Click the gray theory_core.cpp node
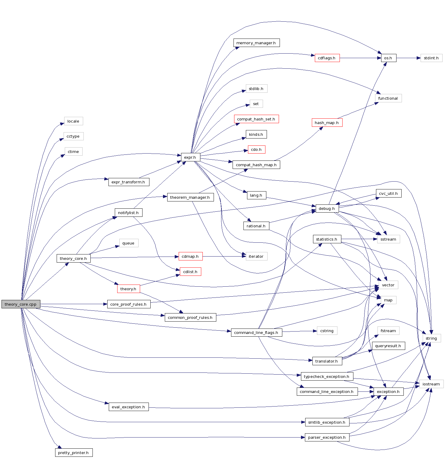[x=20, y=304]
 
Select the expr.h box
[x=190, y=157]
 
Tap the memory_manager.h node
[x=256, y=43]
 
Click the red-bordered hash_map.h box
[x=327, y=123]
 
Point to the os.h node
[x=388, y=58]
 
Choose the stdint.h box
[x=431, y=58]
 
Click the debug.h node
[x=327, y=208]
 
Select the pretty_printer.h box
[x=74, y=453]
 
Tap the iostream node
[x=431, y=384]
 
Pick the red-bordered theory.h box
[x=128, y=289]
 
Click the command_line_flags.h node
[x=256, y=332]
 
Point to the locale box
[x=73, y=121]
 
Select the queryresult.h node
[x=388, y=346]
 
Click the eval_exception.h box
[x=128, y=407]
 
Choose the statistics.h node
[x=327, y=239]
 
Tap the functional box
[x=388, y=98]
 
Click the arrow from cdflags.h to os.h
[x=360, y=58]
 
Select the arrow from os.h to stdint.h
[x=408, y=58]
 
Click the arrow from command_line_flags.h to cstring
[x=299, y=331]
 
